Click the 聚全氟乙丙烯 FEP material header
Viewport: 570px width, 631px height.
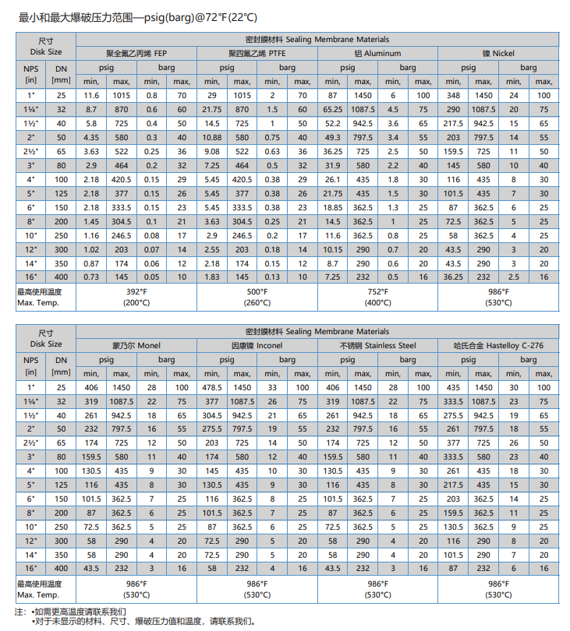pyautogui.click(x=136, y=53)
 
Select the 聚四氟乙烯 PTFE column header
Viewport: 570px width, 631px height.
pyautogui.click(x=258, y=53)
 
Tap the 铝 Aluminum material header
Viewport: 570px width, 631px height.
pyautogui.click(x=377, y=53)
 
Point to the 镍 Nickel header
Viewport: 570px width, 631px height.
pyautogui.click(x=498, y=53)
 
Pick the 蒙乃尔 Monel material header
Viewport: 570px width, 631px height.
pyautogui.click(x=136, y=345)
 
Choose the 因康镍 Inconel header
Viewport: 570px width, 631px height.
pyautogui.click(x=258, y=345)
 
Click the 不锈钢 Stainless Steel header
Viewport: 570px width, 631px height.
pyautogui.click(x=378, y=345)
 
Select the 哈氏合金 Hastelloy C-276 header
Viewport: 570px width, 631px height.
pyautogui.click(x=498, y=345)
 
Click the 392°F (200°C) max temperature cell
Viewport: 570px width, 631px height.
pyautogui.click(x=136, y=297)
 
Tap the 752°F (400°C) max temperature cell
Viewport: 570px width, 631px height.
pyautogui.click(x=378, y=297)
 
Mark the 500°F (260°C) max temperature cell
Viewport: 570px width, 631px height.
pyautogui.click(x=258, y=297)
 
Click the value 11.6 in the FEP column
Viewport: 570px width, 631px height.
pyautogui.click(x=91, y=95)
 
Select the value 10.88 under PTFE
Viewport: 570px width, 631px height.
pyautogui.click(x=211, y=137)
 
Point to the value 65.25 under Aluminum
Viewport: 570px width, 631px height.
pyautogui.click(x=333, y=109)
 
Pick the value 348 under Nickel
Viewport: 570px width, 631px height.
pyautogui.click(x=453, y=95)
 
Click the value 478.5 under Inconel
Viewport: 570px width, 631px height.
pyautogui.click(x=211, y=387)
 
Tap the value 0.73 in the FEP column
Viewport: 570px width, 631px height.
pyautogui.click(x=91, y=277)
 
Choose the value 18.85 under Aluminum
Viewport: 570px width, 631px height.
pyautogui.click(x=333, y=207)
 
